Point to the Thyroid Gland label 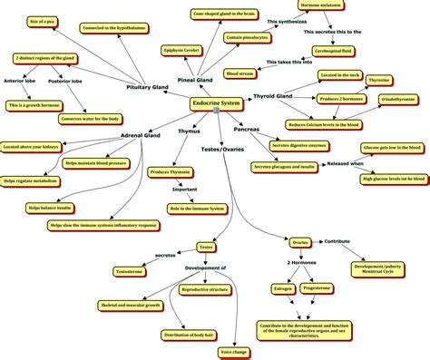pyautogui.click(x=272, y=95)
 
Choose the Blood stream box pyautogui.click(x=240, y=73)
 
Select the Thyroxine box pyautogui.click(x=378, y=81)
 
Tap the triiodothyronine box pyautogui.click(x=397, y=97)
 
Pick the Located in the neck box pyautogui.click(x=339, y=75)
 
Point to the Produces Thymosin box pyautogui.click(x=171, y=171)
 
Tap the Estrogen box pyautogui.click(x=283, y=288)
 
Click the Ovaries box pyautogui.click(x=300, y=242)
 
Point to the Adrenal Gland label pyautogui.click(x=141, y=136)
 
